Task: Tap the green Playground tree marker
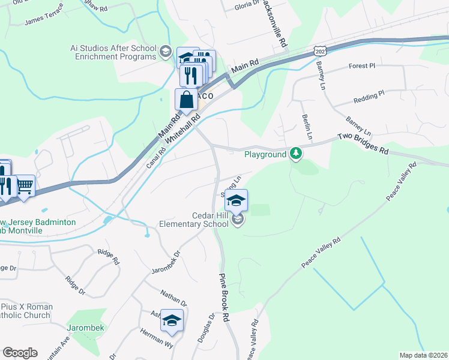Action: [295, 154]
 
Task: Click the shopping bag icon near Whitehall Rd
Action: [186, 100]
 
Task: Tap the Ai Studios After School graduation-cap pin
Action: [165, 52]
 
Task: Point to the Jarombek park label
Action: [85, 328]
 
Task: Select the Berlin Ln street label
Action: [307, 127]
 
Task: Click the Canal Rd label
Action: [156, 157]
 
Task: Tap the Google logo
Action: [20, 353]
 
